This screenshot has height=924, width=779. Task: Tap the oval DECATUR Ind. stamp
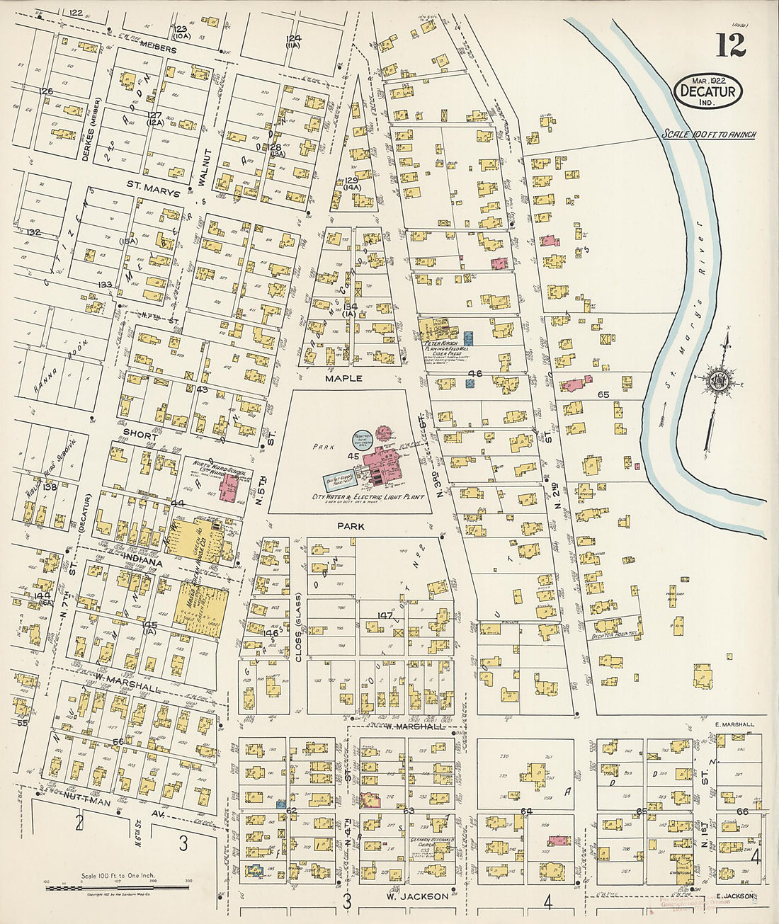[x=708, y=91]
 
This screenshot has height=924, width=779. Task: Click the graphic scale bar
[x=118, y=887]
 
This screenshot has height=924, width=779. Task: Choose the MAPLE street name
[x=343, y=379]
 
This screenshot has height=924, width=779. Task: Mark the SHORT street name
[x=140, y=436]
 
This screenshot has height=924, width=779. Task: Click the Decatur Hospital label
[x=615, y=635]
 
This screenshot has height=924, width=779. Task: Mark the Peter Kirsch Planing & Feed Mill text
[x=444, y=348]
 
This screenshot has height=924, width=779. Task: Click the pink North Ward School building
[x=229, y=489]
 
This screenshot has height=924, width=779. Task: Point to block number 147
[x=385, y=615]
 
